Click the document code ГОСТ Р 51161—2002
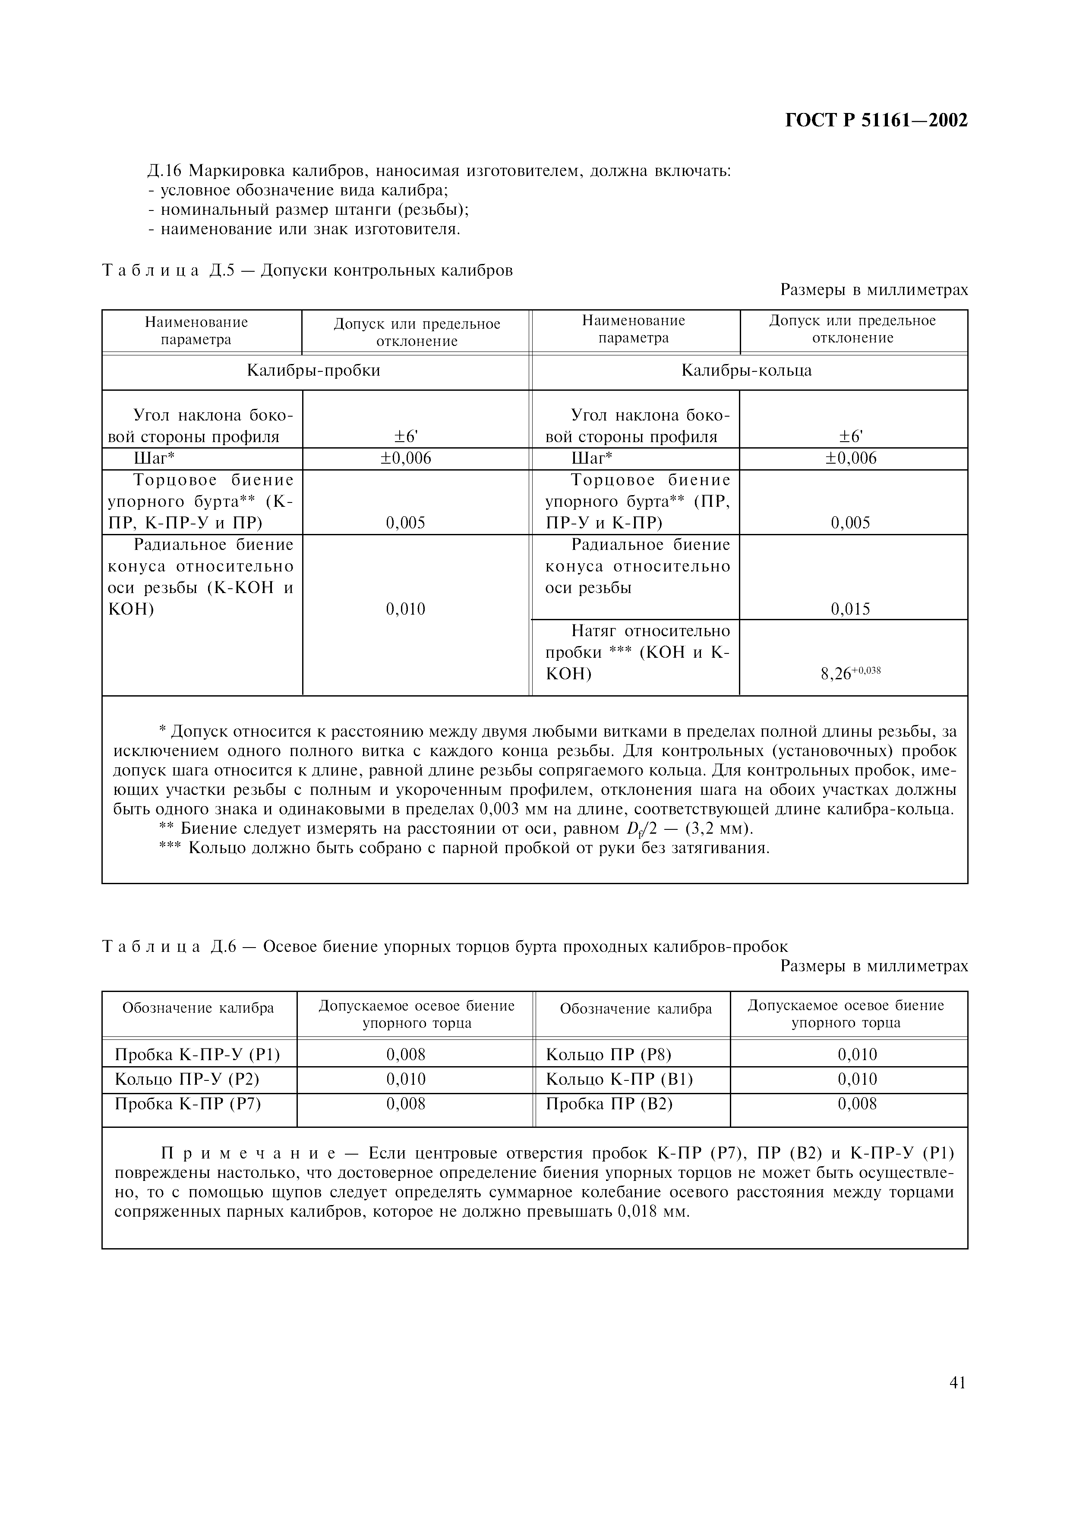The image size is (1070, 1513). pyautogui.click(x=876, y=121)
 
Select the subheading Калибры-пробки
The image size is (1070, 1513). pyautogui.click(x=313, y=370)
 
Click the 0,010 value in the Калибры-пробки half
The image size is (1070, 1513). pyautogui.click(x=405, y=609)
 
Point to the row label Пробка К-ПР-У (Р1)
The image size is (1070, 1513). pyautogui.click(x=197, y=1055)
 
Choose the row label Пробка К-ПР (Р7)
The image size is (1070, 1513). pyautogui.click(x=188, y=1103)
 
